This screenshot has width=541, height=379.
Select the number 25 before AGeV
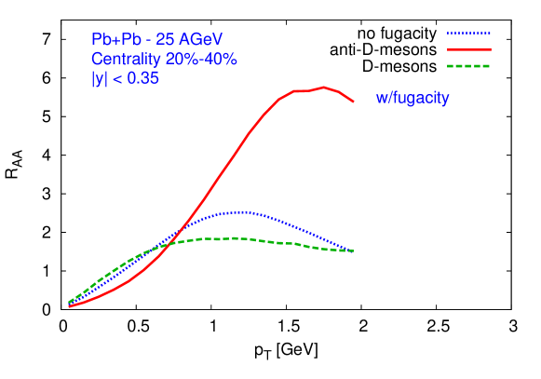[169, 39]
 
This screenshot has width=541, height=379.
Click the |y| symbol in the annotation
[99, 79]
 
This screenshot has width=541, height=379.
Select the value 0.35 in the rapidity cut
[142, 79]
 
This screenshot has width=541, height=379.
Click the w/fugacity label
[413, 98]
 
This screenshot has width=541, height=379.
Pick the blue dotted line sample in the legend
[468, 33]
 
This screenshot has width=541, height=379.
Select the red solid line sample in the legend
[468, 49]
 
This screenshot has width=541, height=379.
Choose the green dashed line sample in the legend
[468, 66]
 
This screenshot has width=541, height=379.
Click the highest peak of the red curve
[323, 88]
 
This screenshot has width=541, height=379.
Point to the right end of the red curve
[353, 101]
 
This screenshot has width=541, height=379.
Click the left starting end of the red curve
[70, 306]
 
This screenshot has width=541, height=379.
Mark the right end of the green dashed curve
[353, 250]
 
